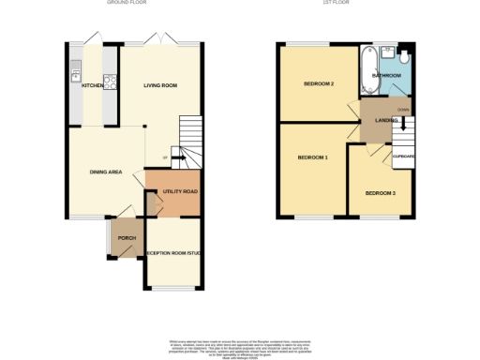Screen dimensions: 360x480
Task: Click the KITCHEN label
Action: pyautogui.click(x=92, y=85)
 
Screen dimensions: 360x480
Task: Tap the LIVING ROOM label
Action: pyautogui.click(x=160, y=85)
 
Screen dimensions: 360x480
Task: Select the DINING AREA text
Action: pyautogui.click(x=105, y=172)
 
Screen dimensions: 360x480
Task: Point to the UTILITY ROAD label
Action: pyautogui.click(x=179, y=191)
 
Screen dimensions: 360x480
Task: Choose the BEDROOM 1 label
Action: pyautogui.click(x=312, y=157)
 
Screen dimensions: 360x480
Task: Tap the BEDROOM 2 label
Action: pyautogui.click(x=319, y=84)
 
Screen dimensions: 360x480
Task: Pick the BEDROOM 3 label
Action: pyautogui.click(x=380, y=192)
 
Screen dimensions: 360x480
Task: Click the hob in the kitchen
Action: pyautogui.click(x=110, y=81)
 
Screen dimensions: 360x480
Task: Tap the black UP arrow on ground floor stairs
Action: pyautogui.click(x=174, y=158)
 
